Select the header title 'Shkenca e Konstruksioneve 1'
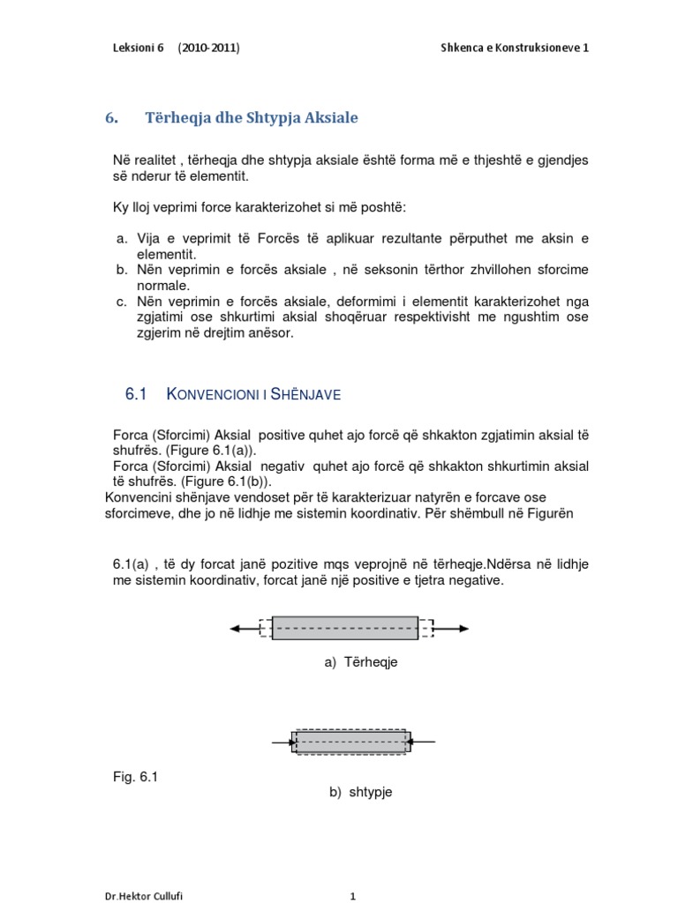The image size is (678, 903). click(515, 48)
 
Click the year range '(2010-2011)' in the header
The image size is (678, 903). click(207, 48)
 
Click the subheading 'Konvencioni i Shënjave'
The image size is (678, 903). click(253, 394)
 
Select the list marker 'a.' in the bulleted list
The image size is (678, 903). click(122, 239)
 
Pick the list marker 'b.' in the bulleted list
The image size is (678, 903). click(122, 269)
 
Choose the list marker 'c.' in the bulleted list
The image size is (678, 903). click(122, 301)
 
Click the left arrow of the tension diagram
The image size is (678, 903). click(243, 628)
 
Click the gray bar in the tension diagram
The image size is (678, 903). click(345, 628)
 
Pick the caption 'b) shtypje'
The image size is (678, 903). click(360, 792)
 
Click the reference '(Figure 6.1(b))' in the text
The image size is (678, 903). click(193, 481)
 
